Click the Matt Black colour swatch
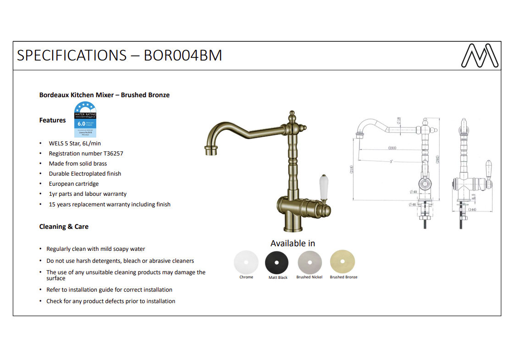point(277,262)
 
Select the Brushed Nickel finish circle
point(309,262)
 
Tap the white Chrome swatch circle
point(246,262)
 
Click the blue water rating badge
point(85,120)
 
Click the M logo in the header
point(480,55)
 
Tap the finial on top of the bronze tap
point(292,115)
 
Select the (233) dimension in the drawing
point(392,148)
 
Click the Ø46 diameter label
point(412,205)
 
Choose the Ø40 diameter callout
point(414,192)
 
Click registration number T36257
point(86,154)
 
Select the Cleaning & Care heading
point(64,227)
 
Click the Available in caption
point(292,243)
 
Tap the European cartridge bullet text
point(74,184)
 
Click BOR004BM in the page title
point(183,55)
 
